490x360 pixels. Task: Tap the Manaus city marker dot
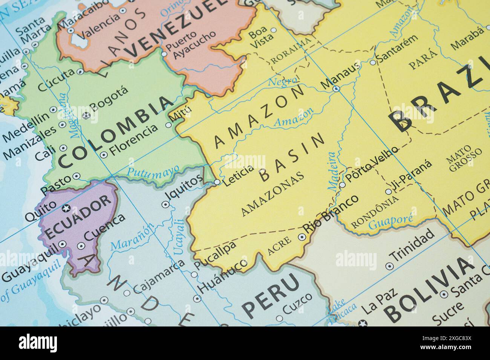pyautogui.click(x=336, y=89)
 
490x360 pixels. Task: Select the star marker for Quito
pyautogui.click(x=66, y=208)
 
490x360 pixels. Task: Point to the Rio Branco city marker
pyautogui.click(x=302, y=237)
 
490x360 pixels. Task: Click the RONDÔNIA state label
pyautogui.click(x=374, y=213)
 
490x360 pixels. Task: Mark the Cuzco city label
pyautogui.click(x=297, y=304)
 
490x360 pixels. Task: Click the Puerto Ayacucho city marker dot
pyautogui.click(x=164, y=54)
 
